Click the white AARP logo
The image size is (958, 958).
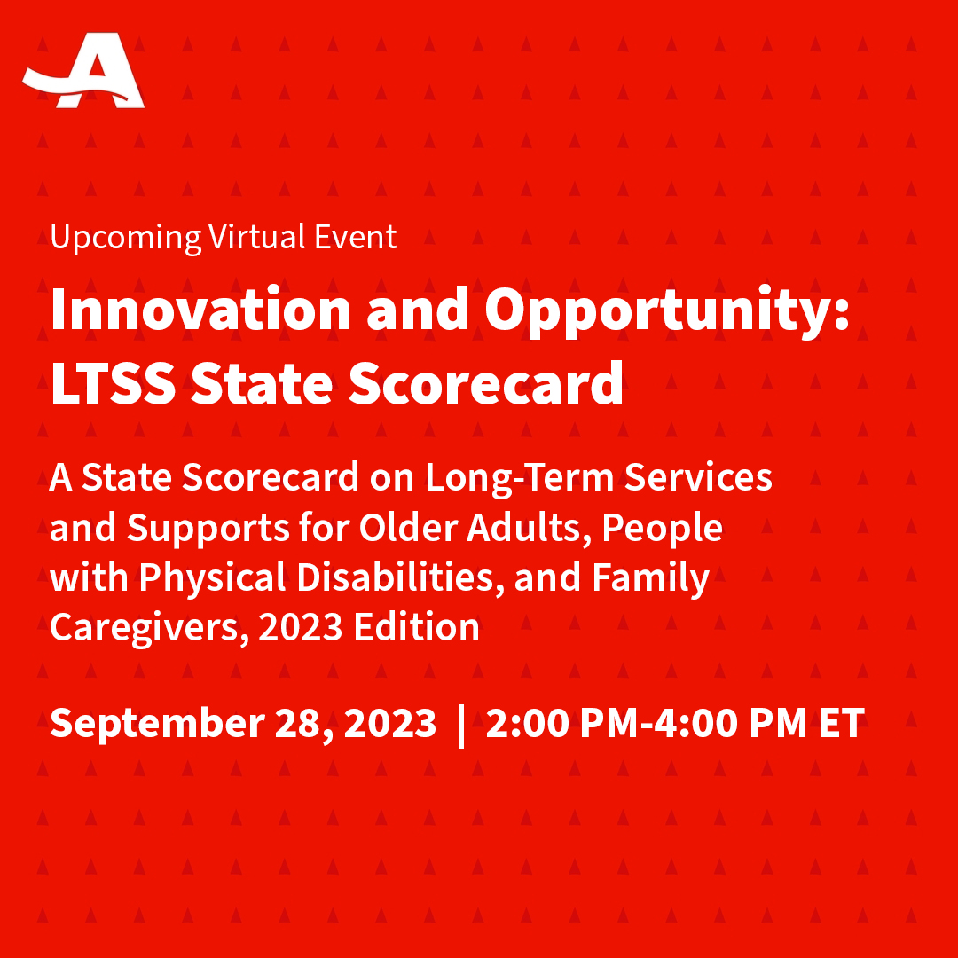[84, 73]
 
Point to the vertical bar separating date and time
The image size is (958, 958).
[460, 724]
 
